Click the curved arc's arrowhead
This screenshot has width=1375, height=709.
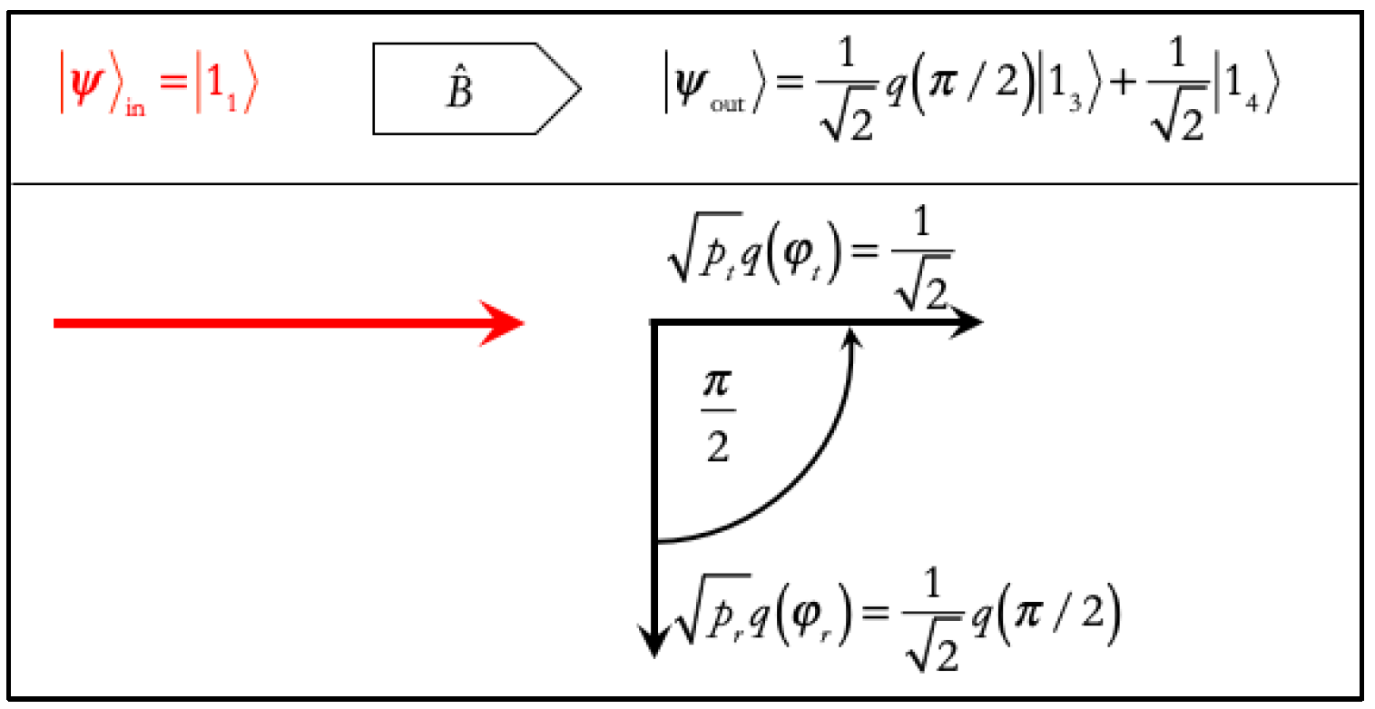click(x=850, y=339)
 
